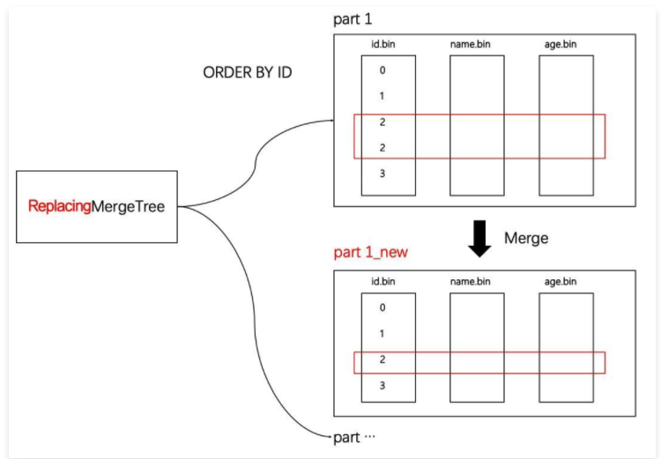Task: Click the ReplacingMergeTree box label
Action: point(97,206)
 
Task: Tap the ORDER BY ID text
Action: point(248,72)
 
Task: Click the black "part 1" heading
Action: point(353,19)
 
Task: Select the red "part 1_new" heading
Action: point(370,252)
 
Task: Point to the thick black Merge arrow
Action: point(479,239)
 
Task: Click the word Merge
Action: point(526,238)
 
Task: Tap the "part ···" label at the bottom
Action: point(354,438)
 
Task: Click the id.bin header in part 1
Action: point(383,44)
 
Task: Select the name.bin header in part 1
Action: point(470,44)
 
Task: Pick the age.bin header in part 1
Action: point(561,44)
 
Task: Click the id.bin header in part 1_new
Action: point(383,282)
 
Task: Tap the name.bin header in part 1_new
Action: point(470,282)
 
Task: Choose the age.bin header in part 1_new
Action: point(561,282)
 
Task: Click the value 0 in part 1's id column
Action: point(382,70)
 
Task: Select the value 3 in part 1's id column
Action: point(382,174)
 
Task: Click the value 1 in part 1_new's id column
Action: point(382,334)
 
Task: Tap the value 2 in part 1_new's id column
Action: point(382,359)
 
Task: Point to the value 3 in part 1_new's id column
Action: point(382,385)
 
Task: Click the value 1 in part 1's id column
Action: point(382,96)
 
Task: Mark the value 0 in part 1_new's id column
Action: point(382,307)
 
